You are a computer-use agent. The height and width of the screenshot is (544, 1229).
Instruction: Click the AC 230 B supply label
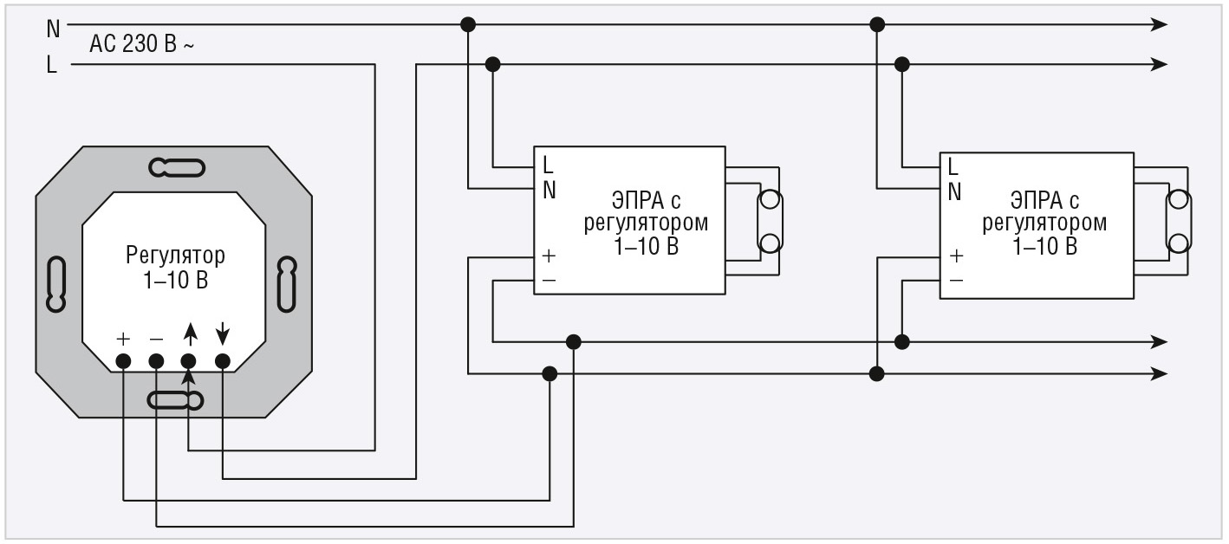point(141,43)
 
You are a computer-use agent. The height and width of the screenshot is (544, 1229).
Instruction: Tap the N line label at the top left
point(53,29)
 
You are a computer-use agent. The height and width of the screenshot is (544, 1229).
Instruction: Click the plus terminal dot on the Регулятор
point(123,361)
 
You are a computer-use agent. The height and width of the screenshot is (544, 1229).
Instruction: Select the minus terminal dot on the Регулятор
point(156,361)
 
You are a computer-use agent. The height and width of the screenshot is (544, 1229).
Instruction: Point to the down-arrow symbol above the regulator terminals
point(222,334)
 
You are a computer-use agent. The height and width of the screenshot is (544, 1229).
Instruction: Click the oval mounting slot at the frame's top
point(177,168)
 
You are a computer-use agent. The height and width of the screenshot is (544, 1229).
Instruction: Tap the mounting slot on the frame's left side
point(56,285)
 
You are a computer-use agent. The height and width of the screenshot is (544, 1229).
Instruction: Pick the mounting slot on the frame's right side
point(286,284)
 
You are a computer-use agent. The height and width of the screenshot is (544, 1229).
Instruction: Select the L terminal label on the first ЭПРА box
point(548,165)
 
